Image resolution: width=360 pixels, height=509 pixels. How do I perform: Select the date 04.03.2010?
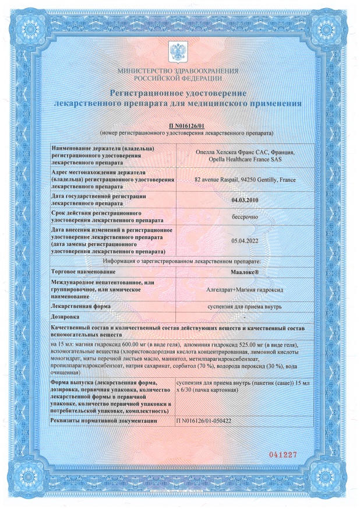243,200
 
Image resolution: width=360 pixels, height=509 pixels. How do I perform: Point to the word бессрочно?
243,215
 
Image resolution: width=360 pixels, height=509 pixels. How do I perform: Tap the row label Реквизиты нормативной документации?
105,420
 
